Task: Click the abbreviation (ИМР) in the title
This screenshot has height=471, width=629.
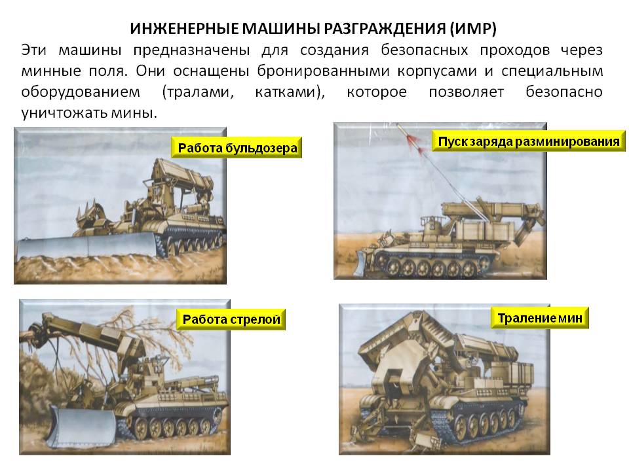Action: [x=472, y=29]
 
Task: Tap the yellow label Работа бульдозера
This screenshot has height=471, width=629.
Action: [x=237, y=148]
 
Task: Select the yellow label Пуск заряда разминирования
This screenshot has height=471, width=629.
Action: [x=529, y=141]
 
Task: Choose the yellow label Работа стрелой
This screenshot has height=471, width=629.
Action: [x=231, y=319]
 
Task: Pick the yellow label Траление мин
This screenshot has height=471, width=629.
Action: [x=539, y=318]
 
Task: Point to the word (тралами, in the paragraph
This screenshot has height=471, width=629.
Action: [x=197, y=92]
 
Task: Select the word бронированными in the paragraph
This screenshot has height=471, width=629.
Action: [x=323, y=71]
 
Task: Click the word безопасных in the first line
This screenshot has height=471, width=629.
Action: [x=424, y=50]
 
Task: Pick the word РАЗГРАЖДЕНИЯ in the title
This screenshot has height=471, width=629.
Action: [x=385, y=29]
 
